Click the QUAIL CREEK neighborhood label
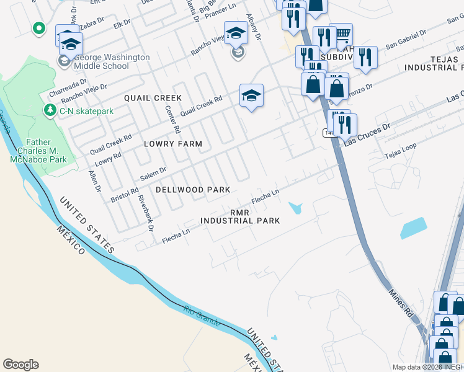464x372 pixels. (x=153, y=98)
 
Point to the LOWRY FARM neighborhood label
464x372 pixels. (x=173, y=144)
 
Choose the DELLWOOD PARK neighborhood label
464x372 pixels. (x=193, y=190)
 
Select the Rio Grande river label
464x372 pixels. (x=202, y=316)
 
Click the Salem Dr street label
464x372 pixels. (x=153, y=174)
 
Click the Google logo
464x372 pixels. (x=20, y=365)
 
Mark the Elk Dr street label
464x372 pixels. (x=122, y=23)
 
